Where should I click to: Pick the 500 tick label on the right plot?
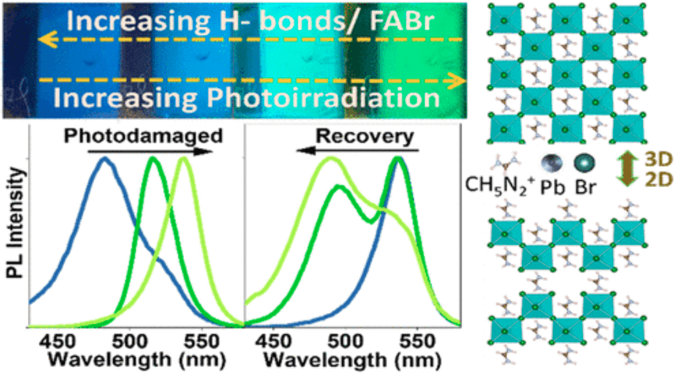[349, 341]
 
